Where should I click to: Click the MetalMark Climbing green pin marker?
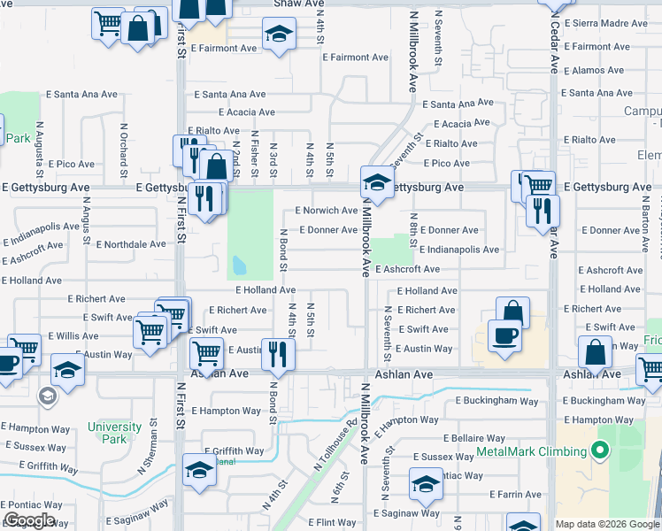click(600, 452)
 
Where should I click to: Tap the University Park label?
click(114, 433)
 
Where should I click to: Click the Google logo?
click(29, 520)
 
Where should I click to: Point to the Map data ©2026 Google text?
click(606, 524)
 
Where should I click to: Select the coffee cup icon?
click(504, 336)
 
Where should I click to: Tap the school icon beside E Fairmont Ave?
click(279, 35)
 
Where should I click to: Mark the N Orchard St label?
click(123, 147)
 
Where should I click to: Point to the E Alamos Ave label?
click(598, 70)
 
